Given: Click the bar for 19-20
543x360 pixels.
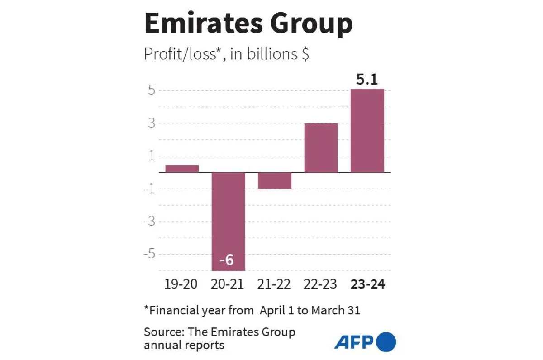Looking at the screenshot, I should click(x=182, y=169).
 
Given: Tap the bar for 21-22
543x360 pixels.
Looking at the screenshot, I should click(x=275, y=180).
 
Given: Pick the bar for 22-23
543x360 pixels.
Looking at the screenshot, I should click(x=321, y=148).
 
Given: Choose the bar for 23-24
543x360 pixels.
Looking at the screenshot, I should click(x=367, y=130).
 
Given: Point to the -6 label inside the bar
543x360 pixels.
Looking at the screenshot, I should click(x=226, y=261).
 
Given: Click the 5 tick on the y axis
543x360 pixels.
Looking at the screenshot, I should click(x=151, y=90).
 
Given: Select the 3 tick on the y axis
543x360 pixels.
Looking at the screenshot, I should click(x=151, y=123).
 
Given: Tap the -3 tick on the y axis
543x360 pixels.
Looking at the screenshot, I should click(x=149, y=222).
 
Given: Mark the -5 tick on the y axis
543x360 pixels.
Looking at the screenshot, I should click(x=149, y=254).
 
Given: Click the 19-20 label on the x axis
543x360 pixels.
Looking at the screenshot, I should click(x=181, y=284).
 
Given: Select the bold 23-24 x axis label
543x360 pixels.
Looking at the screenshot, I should click(x=367, y=284).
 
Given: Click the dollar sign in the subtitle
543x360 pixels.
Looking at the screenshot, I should click(x=305, y=54).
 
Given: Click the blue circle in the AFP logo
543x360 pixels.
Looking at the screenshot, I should click(x=386, y=342).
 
